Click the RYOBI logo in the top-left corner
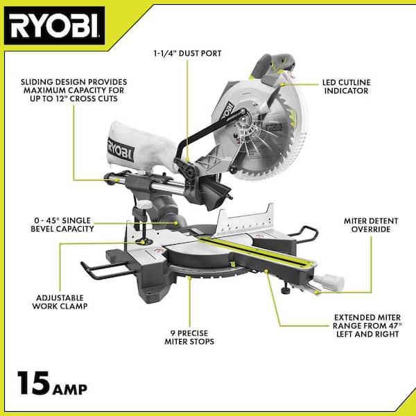[54, 26]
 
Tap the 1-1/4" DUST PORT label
[187, 53]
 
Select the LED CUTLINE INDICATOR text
[346, 87]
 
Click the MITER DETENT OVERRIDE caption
[371, 225]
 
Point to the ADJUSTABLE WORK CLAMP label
[60, 302]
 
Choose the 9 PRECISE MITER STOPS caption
[189, 337]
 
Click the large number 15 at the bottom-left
[34, 383]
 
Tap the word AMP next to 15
[70, 389]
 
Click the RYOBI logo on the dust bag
[121, 150]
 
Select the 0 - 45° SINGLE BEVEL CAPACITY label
[62, 225]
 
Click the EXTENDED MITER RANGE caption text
[367, 326]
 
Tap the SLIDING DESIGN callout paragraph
[73, 90]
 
